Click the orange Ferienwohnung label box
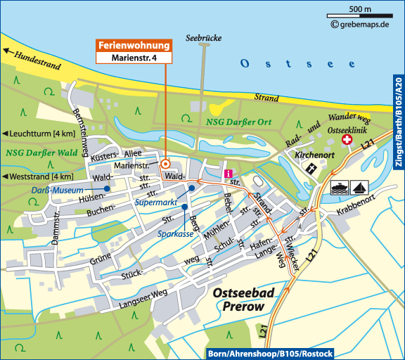[x=134, y=46]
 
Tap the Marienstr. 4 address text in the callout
[x=134, y=58]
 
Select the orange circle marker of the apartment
[x=165, y=163]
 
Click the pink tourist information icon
[x=228, y=174]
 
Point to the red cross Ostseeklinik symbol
[x=346, y=141]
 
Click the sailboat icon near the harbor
[x=358, y=188]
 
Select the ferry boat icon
[x=339, y=188]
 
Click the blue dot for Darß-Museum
[x=107, y=189]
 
